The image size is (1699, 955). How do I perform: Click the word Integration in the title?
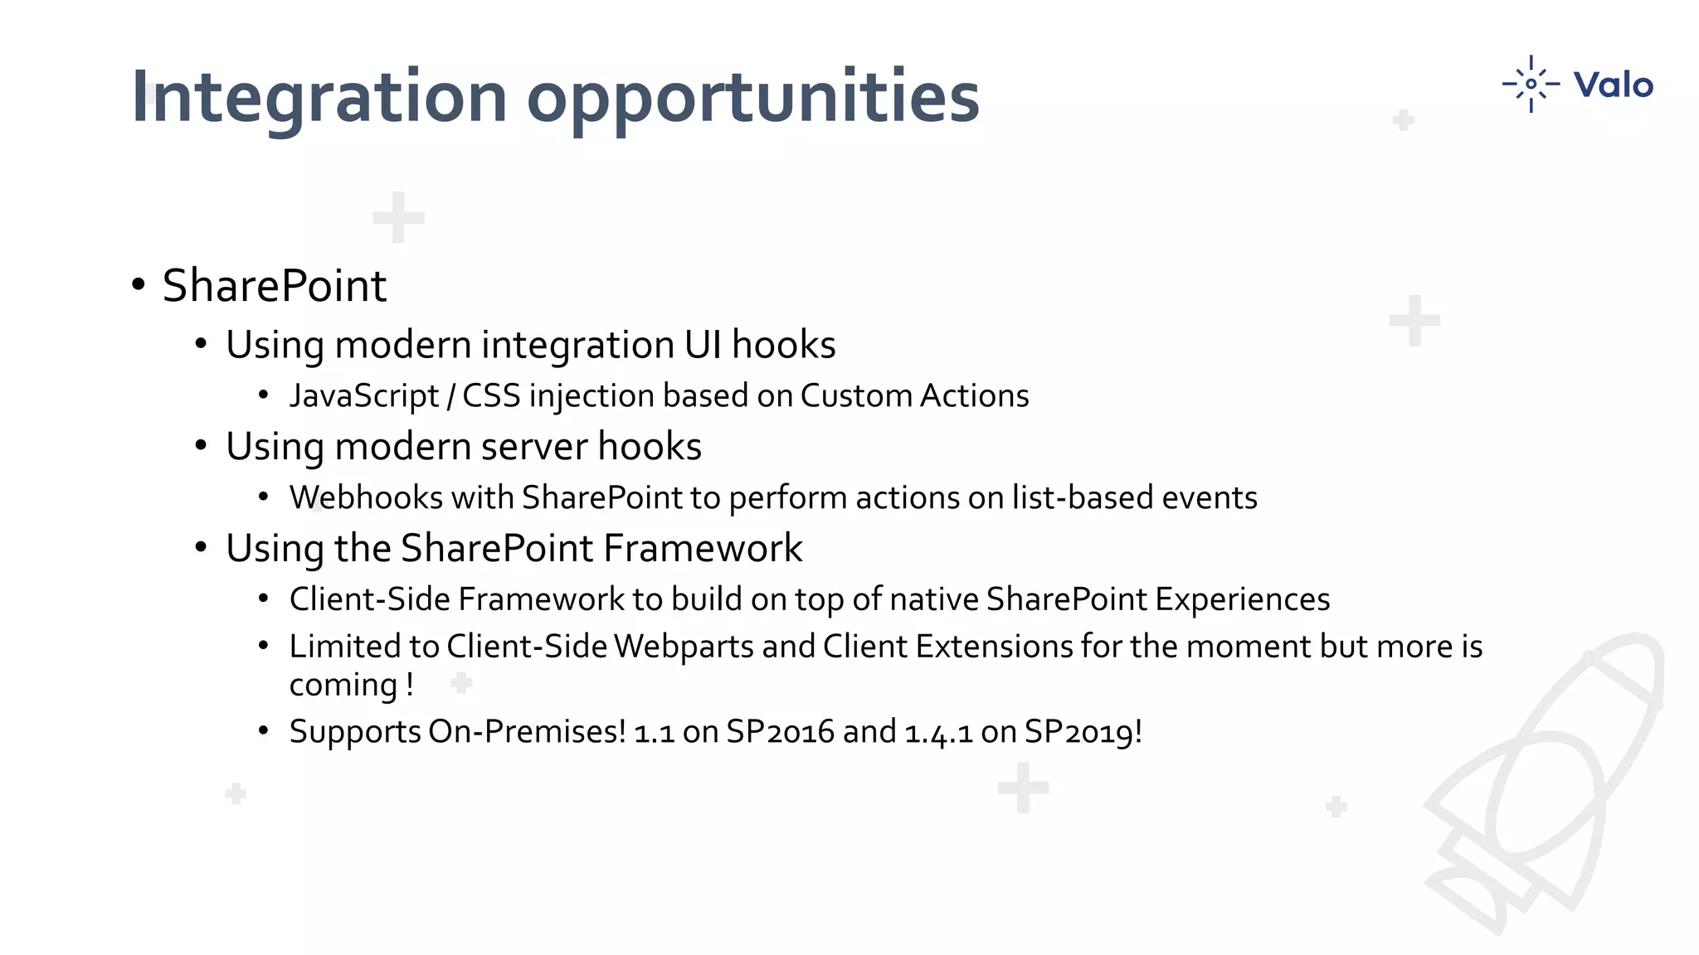(x=319, y=98)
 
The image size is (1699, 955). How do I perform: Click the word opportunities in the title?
(x=752, y=98)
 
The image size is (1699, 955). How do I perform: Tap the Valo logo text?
(x=1613, y=85)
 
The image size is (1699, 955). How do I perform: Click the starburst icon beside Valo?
(x=1531, y=84)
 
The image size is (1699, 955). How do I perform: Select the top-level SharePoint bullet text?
(x=274, y=286)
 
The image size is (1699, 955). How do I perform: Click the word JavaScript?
(x=363, y=396)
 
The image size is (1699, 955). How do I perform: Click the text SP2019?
(x=1083, y=732)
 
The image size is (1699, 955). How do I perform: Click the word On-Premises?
(x=527, y=732)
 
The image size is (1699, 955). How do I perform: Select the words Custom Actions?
(x=914, y=396)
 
